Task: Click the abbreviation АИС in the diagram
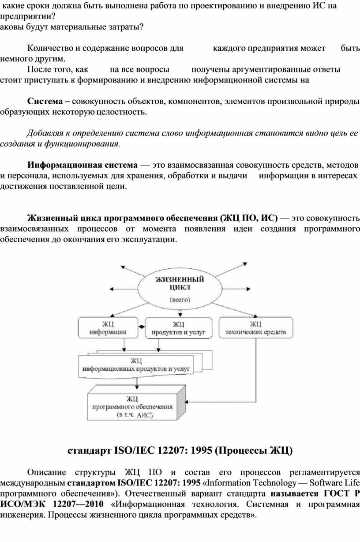point(146,415)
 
